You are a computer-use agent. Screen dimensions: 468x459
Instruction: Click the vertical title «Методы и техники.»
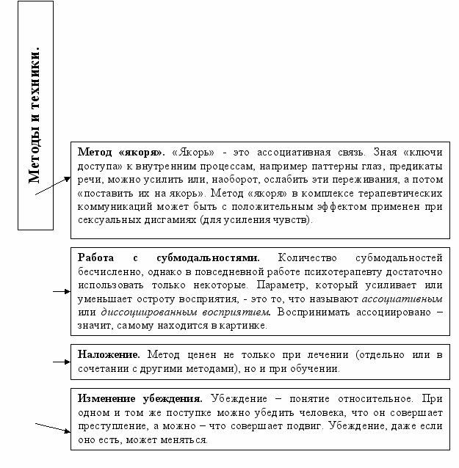coord(35,117)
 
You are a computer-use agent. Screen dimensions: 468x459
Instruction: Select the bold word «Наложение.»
coord(109,354)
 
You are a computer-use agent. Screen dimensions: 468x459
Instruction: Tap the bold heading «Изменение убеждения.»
coord(140,400)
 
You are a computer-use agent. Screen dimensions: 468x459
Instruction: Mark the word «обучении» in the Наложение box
coord(317,368)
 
